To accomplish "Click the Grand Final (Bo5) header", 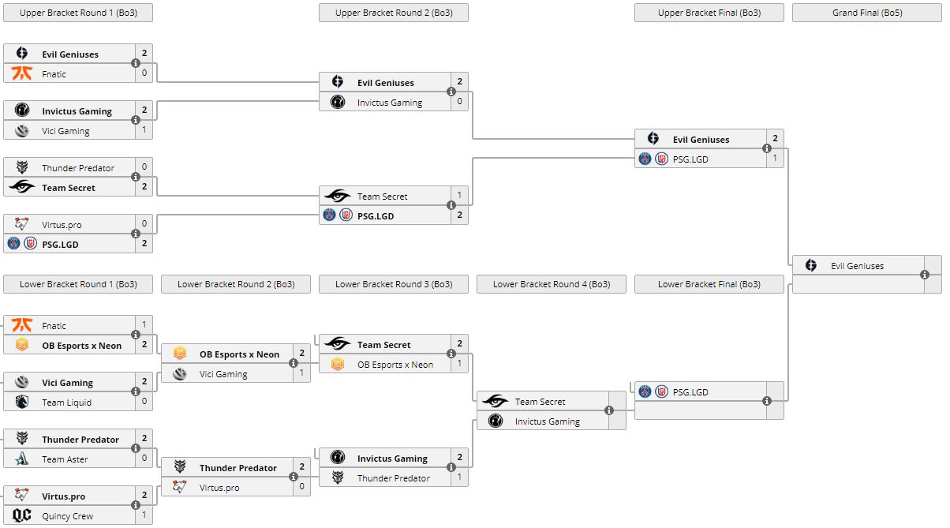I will coord(866,13).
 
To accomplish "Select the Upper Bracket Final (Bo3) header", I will coord(709,13).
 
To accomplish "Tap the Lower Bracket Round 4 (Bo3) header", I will coord(551,284).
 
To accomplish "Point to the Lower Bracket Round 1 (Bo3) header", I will coord(77,284).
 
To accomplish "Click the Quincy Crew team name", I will coord(67,516).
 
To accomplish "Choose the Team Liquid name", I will coord(66,403).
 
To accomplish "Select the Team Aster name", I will coord(65,459).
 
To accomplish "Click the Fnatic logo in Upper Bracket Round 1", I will coord(22,74).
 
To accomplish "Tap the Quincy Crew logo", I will coord(22,516).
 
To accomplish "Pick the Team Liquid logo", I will coord(22,403).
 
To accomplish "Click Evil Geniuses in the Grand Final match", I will coord(857,266).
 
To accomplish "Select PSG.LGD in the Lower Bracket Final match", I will coord(690,392).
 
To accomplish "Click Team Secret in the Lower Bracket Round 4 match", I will coord(540,402).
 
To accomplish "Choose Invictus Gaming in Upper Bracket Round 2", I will coord(389,103).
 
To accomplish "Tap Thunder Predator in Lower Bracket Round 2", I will coord(237,468).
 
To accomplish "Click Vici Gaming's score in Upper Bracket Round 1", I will coord(144,131).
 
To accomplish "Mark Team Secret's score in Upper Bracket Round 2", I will coord(460,196).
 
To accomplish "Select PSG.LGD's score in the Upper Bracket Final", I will coord(776,159).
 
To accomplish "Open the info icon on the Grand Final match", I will coord(925,275).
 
